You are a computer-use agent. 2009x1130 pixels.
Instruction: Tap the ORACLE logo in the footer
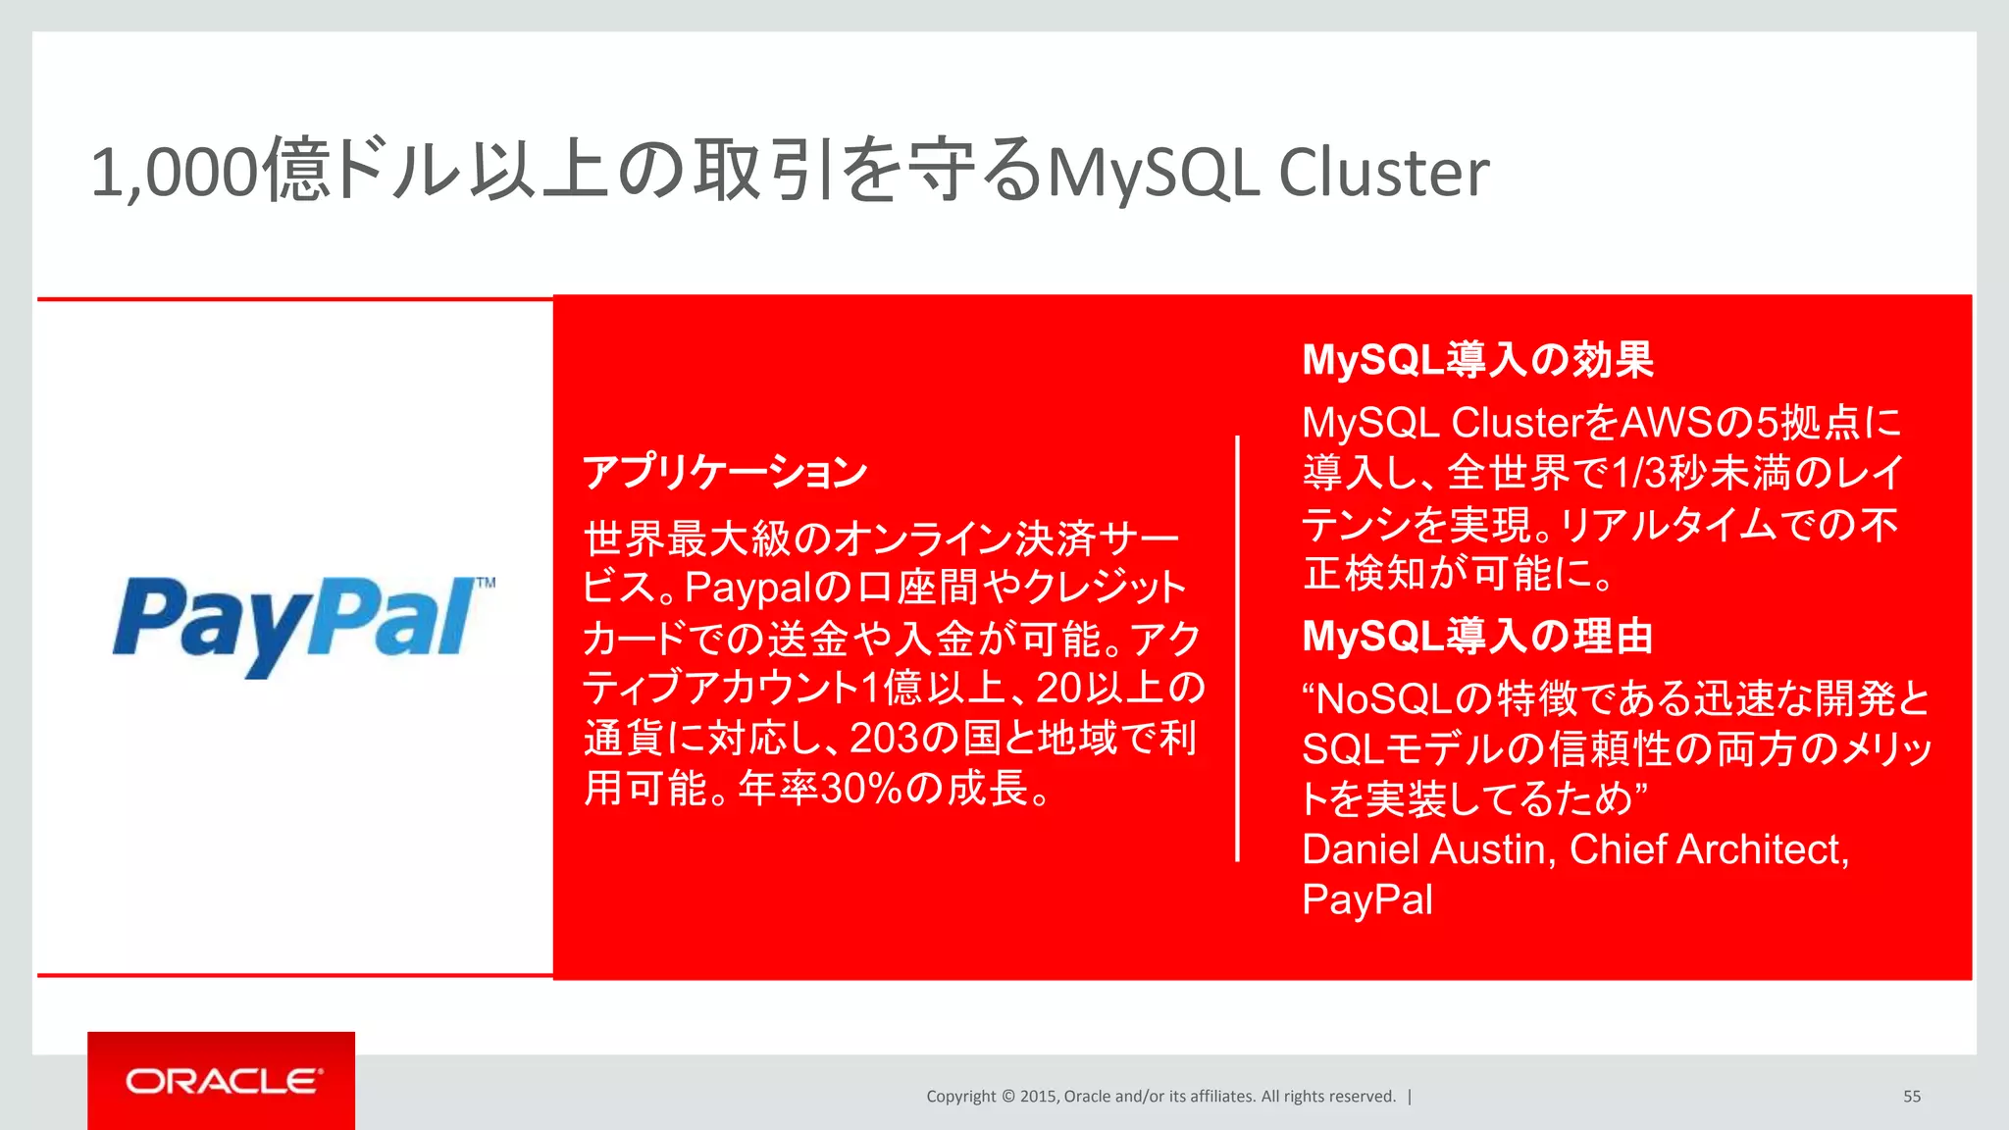(x=223, y=1081)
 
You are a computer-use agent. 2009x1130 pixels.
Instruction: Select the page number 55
(x=1912, y=1097)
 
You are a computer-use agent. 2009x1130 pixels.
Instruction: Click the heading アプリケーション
(x=725, y=472)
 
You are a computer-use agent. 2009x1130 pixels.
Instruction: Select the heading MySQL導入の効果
(x=1477, y=360)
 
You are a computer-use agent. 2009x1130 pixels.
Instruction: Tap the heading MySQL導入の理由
(x=1477, y=637)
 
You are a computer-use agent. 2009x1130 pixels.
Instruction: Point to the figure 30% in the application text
(x=860, y=788)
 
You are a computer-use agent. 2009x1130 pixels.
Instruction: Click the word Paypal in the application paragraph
(x=749, y=588)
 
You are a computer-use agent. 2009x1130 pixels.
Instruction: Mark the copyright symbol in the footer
(x=1007, y=1097)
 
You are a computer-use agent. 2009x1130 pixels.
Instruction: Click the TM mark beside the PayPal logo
(x=486, y=583)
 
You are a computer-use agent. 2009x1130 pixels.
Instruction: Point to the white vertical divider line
(x=1237, y=647)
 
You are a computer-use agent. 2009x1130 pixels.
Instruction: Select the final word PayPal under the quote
(x=1366, y=899)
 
